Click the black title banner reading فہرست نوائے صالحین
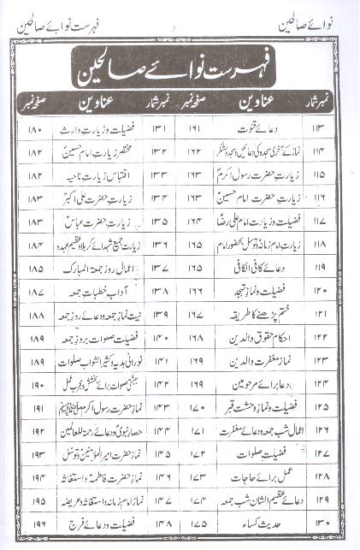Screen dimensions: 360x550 (x=180, y=64)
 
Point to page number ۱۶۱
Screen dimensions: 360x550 (x=194, y=132)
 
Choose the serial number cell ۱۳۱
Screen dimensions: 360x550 (x=159, y=132)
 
